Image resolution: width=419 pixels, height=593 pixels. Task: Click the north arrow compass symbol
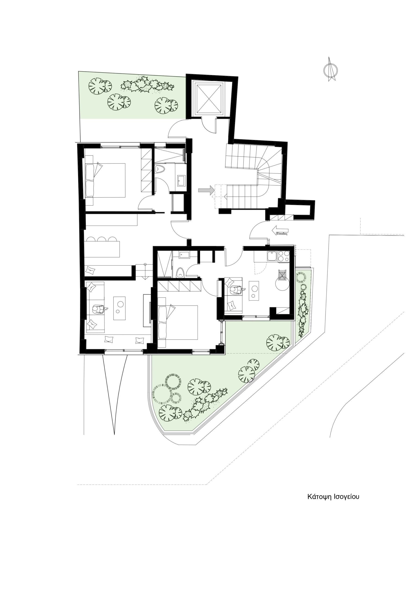(330, 69)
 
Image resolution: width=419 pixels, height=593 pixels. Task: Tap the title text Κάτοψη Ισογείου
(333, 497)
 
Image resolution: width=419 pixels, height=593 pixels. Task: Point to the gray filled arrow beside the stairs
(206, 190)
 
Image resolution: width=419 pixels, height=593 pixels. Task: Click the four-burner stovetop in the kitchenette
(284, 256)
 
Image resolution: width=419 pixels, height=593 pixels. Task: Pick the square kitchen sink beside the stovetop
(272, 256)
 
